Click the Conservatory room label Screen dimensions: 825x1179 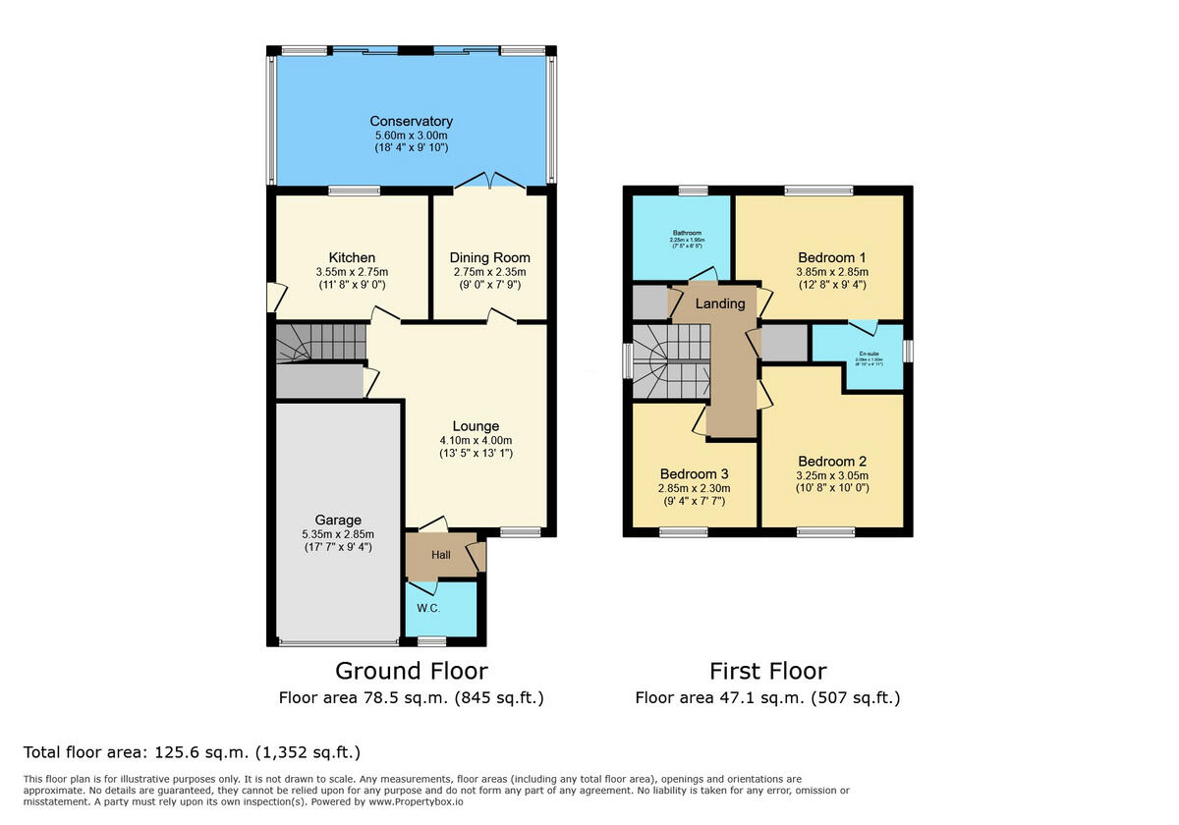[x=411, y=121]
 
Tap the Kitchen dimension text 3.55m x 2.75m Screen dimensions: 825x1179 [x=352, y=272]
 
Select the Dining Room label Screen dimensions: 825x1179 [x=489, y=258]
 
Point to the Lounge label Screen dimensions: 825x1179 [x=476, y=426]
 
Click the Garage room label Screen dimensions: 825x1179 [x=338, y=520]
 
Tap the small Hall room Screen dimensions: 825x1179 [x=441, y=556]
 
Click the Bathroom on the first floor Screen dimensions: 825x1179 [x=681, y=237]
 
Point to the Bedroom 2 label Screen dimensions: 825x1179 [x=832, y=462]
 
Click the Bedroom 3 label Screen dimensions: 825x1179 [x=694, y=473]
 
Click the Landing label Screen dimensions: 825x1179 [x=720, y=303]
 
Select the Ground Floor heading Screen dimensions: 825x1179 [x=411, y=671]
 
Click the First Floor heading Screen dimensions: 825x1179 [x=767, y=671]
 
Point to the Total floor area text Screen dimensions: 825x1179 [x=192, y=752]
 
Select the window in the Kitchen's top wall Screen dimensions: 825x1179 [x=354, y=192]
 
